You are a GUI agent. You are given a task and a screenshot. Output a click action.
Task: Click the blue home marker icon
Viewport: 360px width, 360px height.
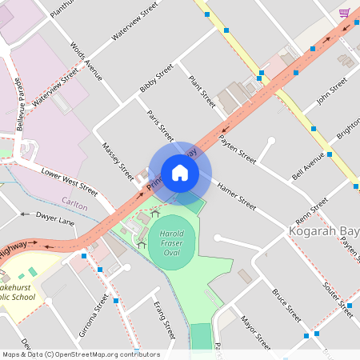(x=180, y=173)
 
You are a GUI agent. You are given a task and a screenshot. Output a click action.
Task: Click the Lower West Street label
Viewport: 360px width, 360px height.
(x=69, y=182)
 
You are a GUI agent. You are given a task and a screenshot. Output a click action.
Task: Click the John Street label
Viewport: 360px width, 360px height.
(x=330, y=91)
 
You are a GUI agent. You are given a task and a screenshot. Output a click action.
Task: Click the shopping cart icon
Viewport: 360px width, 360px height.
(x=345, y=13)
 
